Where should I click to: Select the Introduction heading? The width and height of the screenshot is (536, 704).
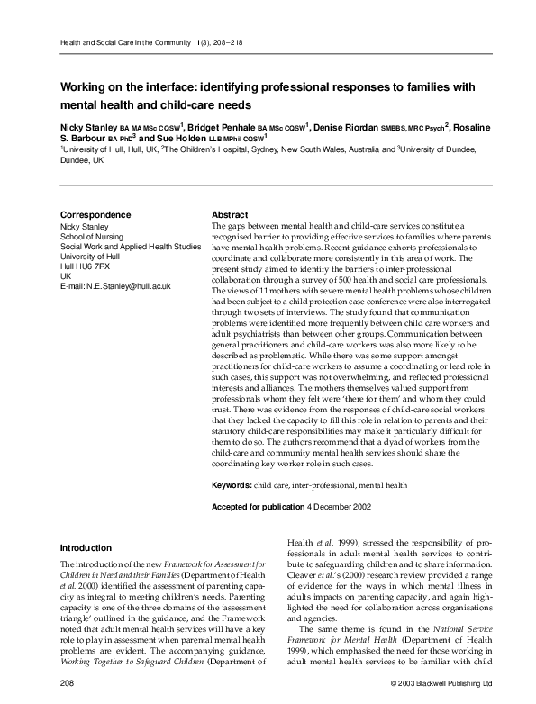[86, 547]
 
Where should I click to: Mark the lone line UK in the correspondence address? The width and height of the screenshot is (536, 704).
[65, 275]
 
